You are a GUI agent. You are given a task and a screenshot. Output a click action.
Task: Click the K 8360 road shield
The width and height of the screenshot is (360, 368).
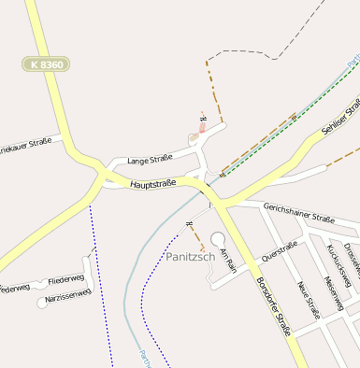coord(48,64)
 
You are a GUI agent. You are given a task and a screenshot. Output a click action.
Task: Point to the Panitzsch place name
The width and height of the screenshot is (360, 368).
coord(191,256)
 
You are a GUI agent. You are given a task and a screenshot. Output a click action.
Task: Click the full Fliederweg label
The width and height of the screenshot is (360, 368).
coord(65,278)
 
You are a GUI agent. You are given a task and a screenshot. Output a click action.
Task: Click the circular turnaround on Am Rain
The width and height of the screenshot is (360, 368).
coord(219,239)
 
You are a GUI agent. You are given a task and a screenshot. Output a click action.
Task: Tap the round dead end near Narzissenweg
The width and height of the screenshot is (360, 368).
coord(41,303)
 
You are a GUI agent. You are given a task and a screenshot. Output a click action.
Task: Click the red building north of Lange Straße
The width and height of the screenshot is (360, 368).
coord(201,128)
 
